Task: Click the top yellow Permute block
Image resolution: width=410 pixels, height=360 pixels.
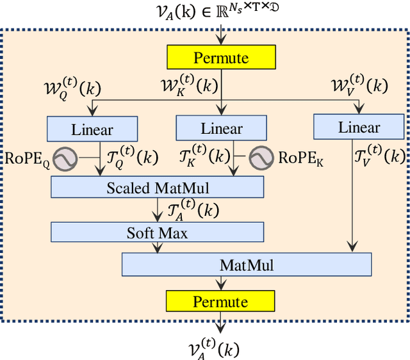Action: click(x=221, y=58)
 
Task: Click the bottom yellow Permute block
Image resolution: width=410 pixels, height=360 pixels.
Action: click(x=221, y=301)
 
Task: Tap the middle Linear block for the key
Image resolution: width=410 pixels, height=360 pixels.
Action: click(x=221, y=128)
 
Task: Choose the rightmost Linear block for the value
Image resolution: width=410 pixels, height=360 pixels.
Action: click(x=359, y=127)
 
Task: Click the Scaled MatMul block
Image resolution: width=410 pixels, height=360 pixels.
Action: click(x=157, y=188)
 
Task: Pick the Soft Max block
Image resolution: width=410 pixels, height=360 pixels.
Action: click(x=157, y=233)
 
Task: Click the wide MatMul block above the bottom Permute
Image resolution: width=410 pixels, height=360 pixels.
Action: click(x=246, y=265)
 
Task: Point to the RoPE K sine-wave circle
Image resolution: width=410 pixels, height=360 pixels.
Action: click(x=261, y=158)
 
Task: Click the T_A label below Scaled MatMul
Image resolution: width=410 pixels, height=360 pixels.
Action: click(x=192, y=210)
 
